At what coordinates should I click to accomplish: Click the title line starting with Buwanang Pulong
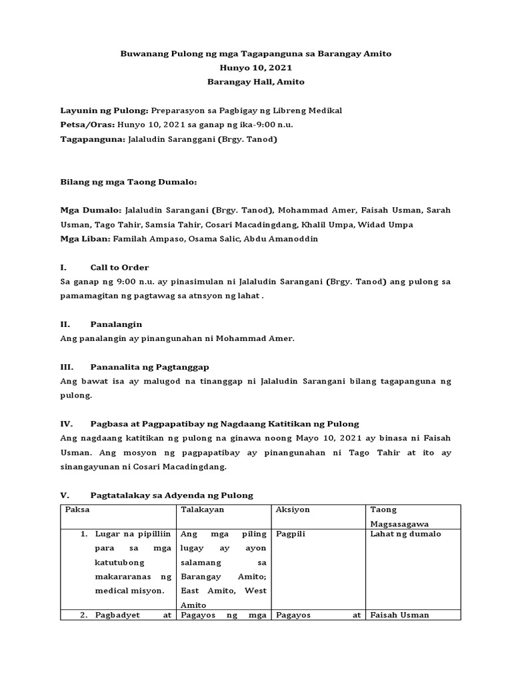click(256, 53)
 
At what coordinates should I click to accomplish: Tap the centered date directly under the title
click(256, 67)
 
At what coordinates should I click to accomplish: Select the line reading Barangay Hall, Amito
click(256, 82)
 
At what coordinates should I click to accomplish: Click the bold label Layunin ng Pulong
click(104, 111)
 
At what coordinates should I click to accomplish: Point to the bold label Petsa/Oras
click(87, 125)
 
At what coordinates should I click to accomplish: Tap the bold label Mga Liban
click(85, 238)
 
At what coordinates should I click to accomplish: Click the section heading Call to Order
click(119, 267)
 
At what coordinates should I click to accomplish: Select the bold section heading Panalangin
click(116, 324)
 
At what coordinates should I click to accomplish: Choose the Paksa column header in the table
click(77, 510)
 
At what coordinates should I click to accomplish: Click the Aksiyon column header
click(293, 510)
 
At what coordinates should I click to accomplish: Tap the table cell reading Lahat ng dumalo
click(406, 534)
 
